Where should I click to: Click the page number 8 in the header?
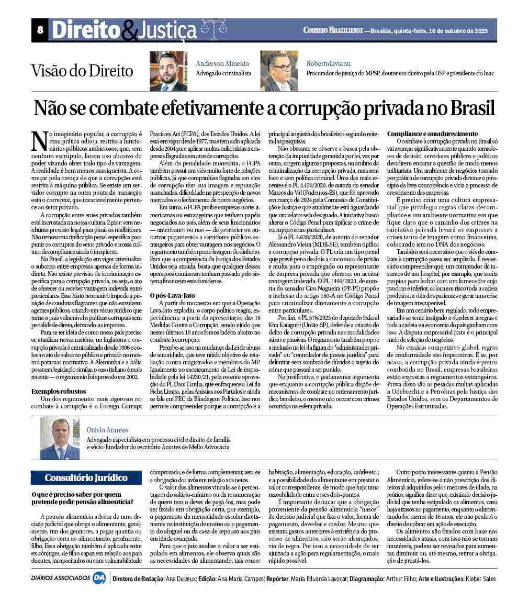[40, 30]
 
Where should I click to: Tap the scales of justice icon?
[212, 28]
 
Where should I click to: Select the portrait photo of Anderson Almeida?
[168, 71]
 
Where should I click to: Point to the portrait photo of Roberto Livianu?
[279, 71]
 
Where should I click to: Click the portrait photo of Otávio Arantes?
[59, 438]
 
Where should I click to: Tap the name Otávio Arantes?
[107, 430]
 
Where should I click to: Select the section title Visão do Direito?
[82, 71]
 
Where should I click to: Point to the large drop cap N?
[39, 140]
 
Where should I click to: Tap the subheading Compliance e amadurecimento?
[432, 134]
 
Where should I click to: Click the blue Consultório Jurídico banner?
[86, 477]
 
